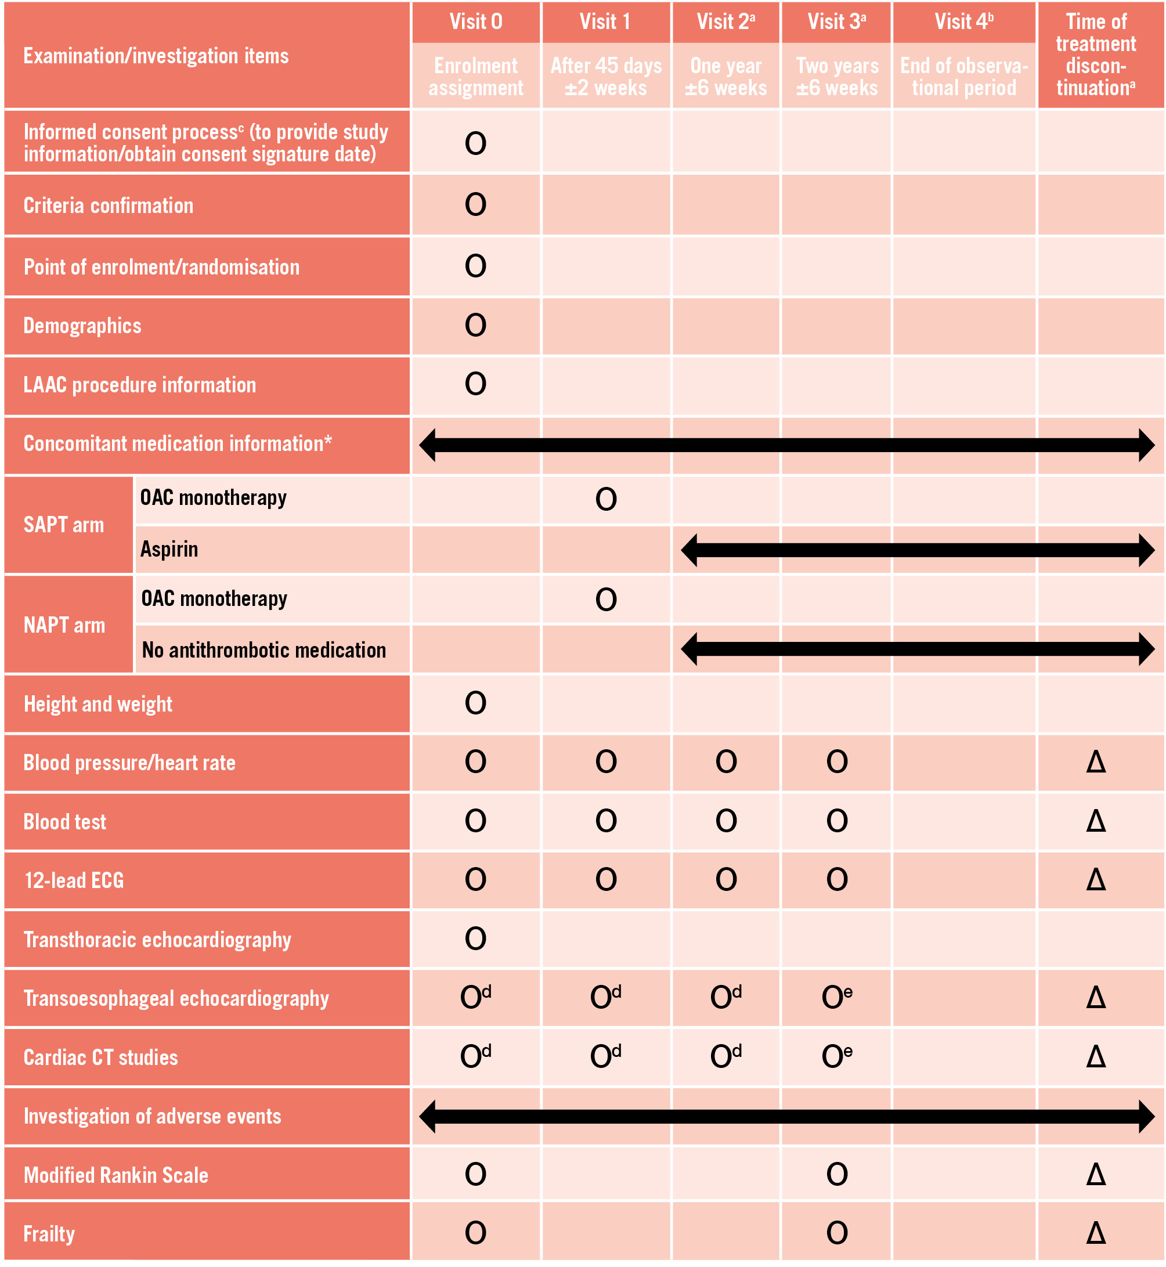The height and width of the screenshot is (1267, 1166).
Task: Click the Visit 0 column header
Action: (x=476, y=22)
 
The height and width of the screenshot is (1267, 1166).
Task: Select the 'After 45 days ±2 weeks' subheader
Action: (x=606, y=77)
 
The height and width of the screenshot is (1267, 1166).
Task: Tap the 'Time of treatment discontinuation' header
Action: (x=1096, y=55)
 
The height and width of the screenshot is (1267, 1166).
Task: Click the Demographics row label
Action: (x=82, y=326)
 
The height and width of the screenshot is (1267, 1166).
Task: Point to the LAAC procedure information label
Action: (x=139, y=385)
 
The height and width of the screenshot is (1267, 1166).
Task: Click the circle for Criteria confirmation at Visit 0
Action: (x=476, y=205)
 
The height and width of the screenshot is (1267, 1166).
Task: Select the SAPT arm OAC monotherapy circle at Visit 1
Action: (x=606, y=500)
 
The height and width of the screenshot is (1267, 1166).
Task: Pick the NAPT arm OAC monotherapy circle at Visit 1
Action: (x=606, y=600)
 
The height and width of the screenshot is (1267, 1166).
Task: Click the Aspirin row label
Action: (x=169, y=550)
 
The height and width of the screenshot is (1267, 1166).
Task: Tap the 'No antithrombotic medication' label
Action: (x=263, y=651)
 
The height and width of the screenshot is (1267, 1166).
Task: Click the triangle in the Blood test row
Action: (x=1096, y=821)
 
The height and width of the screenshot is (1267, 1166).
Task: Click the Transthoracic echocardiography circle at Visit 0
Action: (x=476, y=939)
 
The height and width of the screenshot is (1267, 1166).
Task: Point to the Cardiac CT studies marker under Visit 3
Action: (x=837, y=1057)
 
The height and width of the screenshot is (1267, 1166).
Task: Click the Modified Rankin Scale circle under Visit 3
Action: (x=837, y=1175)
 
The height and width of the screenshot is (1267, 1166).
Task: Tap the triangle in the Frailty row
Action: (x=1096, y=1233)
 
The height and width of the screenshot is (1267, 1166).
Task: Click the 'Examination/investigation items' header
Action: (x=156, y=56)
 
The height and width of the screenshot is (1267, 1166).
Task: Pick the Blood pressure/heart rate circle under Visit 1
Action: (x=606, y=762)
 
